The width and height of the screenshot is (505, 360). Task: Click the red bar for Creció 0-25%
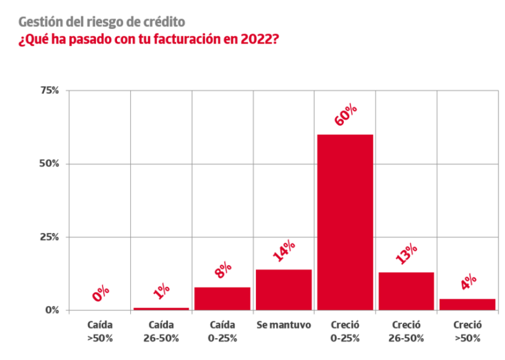pyautogui.click(x=345, y=222)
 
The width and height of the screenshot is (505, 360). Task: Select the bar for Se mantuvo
pyautogui.click(x=283, y=290)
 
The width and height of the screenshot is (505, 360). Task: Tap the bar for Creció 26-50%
pyautogui.click(x=406, y=291)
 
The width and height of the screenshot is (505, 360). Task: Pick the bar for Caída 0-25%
pyautogui.click(x=222, y=298)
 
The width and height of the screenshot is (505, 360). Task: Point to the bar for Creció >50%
pyautogui.click(x=468, y=304)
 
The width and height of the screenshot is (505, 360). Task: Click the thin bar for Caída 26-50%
pyautogui.click(x=161, y=308)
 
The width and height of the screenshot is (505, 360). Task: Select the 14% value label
pyautogui.click(x=284, y=251)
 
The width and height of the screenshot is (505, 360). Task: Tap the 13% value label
pyautogui.click(x=407, y=253)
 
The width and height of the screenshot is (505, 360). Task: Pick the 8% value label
pyautogui.click(x=223, y=270)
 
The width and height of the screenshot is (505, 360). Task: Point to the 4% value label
pyautogui.click(x=468, y=282)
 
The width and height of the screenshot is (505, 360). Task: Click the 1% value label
pyautogui.click(x=162, y=290)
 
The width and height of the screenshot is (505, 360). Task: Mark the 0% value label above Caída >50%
pyautogui.click(x=101, y=293)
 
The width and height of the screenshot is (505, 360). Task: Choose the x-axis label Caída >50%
pyautogui.click(x=100, y=332)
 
